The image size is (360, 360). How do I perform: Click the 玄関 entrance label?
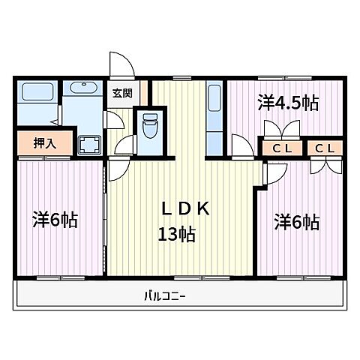point(121,94)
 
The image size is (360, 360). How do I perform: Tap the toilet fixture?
point(147,124)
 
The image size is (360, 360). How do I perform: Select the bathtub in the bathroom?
point(36,94)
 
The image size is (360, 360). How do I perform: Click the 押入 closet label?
point(44,142)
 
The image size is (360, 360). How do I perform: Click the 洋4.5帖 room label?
point(289,103)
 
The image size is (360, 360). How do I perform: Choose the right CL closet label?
point(325,148)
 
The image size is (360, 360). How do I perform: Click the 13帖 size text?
point(177,235)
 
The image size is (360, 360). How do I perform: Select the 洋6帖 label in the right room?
point(296,221)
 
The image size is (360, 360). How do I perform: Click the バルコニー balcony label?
point(165,295)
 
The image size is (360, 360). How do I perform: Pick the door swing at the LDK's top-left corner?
point(117,170)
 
